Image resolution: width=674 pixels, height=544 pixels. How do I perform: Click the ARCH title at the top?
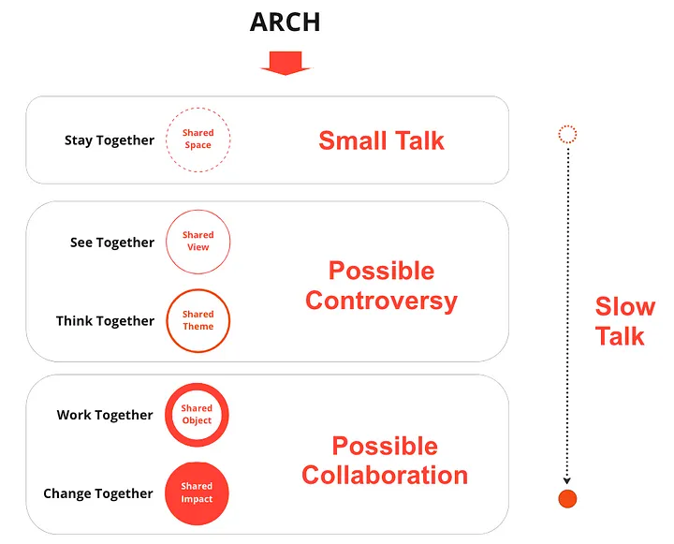[x=285, y=22]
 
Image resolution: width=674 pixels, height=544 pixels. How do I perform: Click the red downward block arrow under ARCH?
[x=286, y=64]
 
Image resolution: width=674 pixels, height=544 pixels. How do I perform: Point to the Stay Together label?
[x=110, y=140]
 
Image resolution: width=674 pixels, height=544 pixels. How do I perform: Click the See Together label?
[x=112, y=243]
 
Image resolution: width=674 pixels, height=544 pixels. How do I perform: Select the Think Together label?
[x=105, y=321]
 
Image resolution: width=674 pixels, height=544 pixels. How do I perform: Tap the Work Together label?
[x=105, y=415]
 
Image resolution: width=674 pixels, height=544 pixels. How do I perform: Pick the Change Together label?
[x=98, y=493]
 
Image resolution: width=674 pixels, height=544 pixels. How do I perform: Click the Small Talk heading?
[x=381, y=140]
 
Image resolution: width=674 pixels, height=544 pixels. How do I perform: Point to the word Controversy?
[x=381, y=301]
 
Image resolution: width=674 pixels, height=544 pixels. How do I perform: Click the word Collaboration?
[x=385, y=476]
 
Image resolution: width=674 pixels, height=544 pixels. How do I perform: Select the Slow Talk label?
[x=625, y=321]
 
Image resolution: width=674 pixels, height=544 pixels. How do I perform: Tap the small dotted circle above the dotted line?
[x=567, y=126]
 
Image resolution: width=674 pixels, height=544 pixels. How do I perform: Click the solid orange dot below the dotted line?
[x=567, y=499]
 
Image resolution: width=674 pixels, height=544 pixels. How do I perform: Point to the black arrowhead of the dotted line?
[x=567, y=480]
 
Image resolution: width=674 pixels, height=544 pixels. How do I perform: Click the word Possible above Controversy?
[x=381, y=271]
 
